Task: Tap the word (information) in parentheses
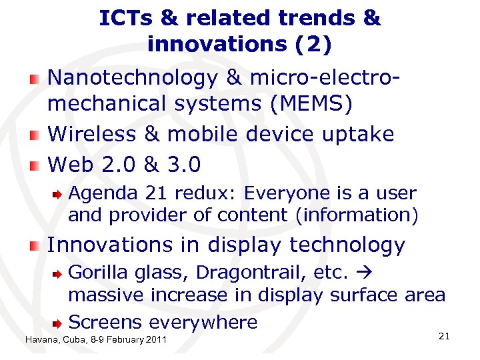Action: [x=363, y=215]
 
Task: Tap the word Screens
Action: [x=105, y=322]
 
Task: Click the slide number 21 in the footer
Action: [x=445, y=337]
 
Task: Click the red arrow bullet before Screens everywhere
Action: [x=59, y=323]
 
